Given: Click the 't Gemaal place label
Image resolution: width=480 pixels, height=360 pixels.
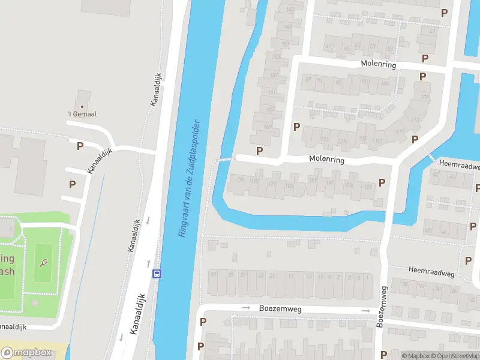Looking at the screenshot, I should [82, 113].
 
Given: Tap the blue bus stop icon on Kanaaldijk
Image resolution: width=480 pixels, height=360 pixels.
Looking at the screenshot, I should [157, 274].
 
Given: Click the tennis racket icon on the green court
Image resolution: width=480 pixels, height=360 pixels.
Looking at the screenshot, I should [44, 263].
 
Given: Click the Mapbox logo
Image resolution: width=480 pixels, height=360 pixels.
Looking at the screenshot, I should [26, 352].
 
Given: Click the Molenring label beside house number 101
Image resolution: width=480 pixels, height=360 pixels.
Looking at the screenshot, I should [378, 65].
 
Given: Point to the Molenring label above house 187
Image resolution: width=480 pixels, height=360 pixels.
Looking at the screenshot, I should [326, 160].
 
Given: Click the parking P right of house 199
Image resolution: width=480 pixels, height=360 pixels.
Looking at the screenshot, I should [382, 182].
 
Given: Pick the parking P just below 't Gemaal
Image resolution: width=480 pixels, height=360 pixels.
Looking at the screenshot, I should [80, 145].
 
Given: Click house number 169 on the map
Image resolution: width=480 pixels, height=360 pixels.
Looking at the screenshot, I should [267, 127].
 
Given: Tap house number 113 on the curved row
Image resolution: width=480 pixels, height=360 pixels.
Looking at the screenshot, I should [415, 120].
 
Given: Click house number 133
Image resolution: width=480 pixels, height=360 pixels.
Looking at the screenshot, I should [325, 140].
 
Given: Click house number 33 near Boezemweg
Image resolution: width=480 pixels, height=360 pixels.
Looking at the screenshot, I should [213, 274].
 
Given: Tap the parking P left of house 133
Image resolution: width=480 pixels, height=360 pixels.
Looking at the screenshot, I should [296, 127].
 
